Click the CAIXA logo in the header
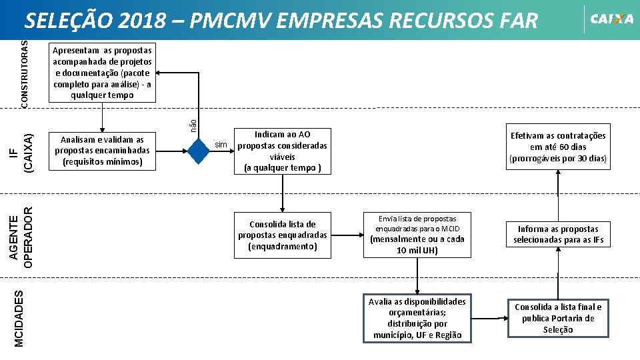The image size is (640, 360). (x=611, y=19)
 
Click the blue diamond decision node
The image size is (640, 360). (x=199, y=151)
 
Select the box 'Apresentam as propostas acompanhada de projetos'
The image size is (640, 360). (x=102, y=72)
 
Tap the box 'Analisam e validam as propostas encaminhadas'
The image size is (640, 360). (x=102, y=151)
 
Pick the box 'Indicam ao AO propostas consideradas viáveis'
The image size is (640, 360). (x=283, y=151)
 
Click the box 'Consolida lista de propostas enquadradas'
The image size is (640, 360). (x=283, y=235)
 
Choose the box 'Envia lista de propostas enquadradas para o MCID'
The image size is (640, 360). (x=417, y=235)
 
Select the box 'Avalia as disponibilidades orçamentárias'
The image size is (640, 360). (x=417, y=318)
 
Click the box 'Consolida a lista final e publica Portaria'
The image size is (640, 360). (x=558, y=318)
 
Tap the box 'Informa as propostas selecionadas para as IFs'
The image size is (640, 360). (x=558, y=235)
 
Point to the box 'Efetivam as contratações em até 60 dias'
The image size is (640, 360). (x=558, y=147)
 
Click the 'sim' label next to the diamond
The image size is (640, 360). (x=221, y=145)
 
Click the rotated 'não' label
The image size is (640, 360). (x=193, y=124)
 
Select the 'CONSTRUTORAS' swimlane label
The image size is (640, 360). (x=25, y=72)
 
